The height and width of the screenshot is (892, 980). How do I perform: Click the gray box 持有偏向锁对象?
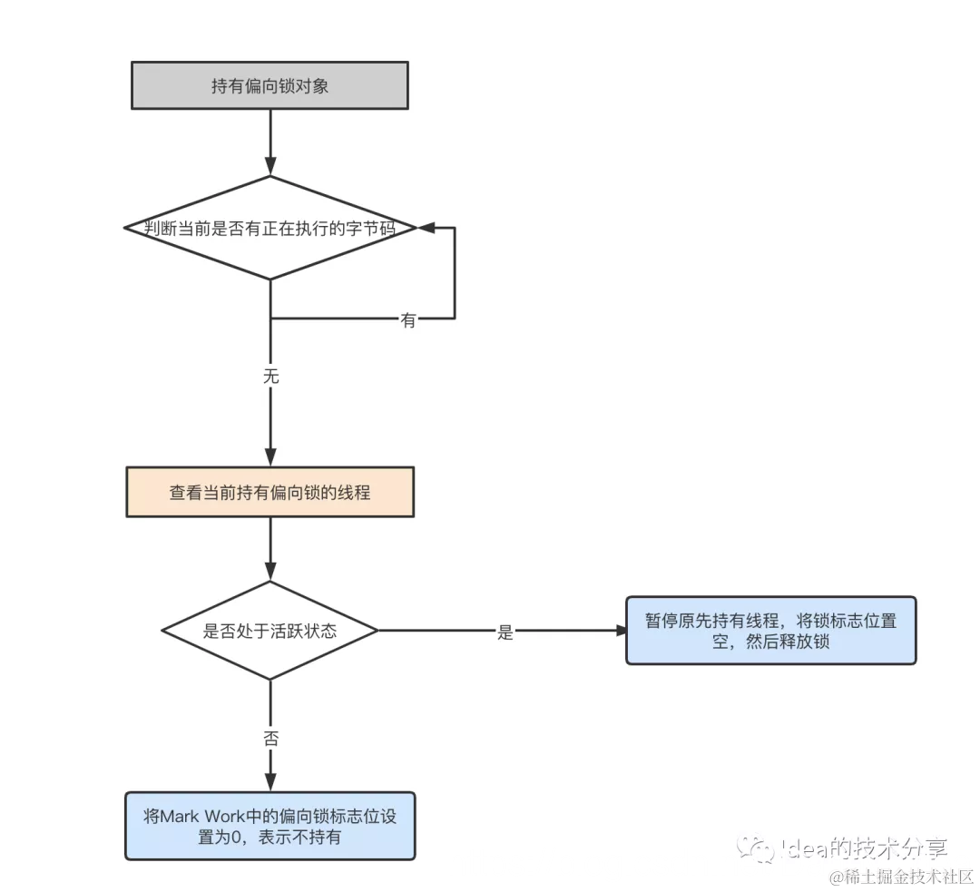(x=269, y=86)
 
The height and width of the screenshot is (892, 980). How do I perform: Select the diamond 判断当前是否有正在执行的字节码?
(x=269, y=228)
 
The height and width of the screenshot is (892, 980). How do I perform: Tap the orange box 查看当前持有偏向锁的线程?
(x=269, y=492)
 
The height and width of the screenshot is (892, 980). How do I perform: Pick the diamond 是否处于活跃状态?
(x=269, y=631)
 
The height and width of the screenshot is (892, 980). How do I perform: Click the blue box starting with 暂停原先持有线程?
(x=770, y=631)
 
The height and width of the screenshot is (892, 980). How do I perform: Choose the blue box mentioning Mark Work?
(x=269, y=826)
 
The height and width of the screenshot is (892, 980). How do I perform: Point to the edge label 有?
(x=408, y=320)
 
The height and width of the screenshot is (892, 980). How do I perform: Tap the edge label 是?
(x=505, y=632)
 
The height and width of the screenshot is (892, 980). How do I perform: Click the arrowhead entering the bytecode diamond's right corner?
(x=425, y=228)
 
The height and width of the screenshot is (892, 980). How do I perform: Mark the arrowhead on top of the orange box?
(x=270, y=458)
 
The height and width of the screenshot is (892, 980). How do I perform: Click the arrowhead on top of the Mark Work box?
(x=270, y=783)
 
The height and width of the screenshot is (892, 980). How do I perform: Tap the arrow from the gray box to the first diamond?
(x=270, y=141)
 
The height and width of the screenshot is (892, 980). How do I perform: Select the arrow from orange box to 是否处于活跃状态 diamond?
(x=270, y=547)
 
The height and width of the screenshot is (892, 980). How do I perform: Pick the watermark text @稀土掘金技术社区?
(x=900, y=877)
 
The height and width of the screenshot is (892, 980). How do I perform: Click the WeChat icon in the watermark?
(x=753, y=848)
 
